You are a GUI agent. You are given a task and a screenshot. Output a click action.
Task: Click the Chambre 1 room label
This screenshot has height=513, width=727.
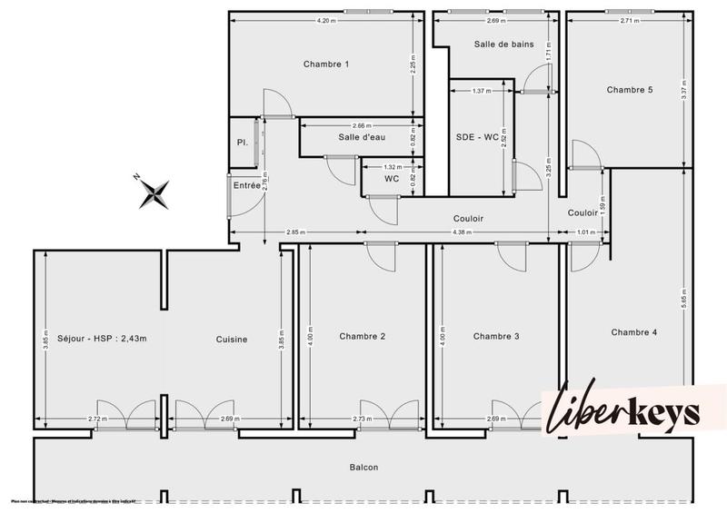(325, 64)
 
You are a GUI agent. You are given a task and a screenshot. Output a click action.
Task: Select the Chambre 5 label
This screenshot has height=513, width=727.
(630, 90)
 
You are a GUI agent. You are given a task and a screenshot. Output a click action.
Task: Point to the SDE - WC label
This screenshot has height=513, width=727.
(477, 138)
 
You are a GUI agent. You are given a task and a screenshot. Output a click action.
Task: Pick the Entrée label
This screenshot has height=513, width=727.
(246, 185)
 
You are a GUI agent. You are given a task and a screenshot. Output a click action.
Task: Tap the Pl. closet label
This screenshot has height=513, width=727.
(242, 143)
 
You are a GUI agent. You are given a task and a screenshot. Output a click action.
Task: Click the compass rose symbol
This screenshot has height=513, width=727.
(155, 191)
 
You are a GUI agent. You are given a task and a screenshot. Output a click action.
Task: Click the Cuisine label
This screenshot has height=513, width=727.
(232, 340)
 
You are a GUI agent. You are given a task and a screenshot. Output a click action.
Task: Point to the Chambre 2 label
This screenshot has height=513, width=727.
(363, 337)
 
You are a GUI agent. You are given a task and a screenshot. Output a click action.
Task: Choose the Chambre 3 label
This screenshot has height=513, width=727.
(496, 337)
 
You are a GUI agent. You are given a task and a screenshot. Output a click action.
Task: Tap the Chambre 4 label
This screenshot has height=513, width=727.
(633, 332)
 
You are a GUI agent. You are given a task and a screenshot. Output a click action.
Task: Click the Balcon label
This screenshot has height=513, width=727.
(363, 468)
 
